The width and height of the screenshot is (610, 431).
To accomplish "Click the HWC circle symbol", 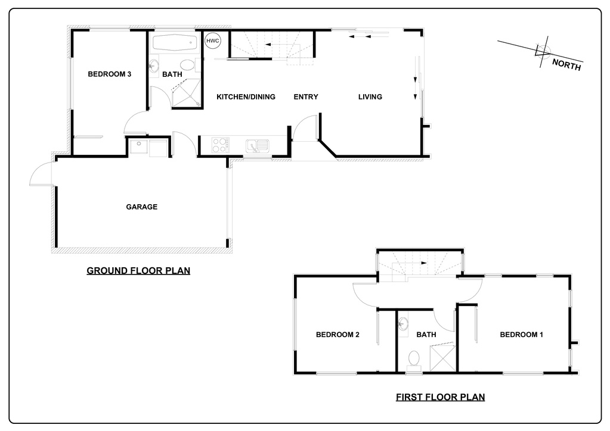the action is (x=213, y=40).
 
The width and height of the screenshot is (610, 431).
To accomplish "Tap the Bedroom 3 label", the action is (x=109, y=74).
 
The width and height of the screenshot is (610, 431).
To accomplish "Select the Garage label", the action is (x=141, y=207).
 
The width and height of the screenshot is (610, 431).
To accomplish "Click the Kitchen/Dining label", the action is (x=246, y=96).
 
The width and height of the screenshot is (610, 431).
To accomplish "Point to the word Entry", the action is (x=306, y=96).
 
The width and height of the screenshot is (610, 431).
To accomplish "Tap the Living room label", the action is (x=370, y=96).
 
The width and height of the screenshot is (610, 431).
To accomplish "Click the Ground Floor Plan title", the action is (x=138, y=271).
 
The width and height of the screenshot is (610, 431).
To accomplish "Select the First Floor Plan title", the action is (x=441, y=397).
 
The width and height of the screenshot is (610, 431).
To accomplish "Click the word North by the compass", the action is (x=566, y=65).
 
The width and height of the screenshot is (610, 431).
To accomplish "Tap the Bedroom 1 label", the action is (x=521, y=335).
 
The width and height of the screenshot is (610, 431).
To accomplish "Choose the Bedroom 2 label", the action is (x=337, y=335).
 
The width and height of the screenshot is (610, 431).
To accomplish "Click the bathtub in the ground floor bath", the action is (x=175, y=43).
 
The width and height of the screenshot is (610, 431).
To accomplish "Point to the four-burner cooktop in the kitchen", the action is (x=220, y=145).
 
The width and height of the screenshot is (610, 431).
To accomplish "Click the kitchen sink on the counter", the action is (x=257, y=145).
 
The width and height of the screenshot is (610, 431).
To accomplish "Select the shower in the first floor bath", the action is (x=442, y=357).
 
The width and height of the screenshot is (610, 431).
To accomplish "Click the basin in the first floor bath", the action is (x=403, y=323).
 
